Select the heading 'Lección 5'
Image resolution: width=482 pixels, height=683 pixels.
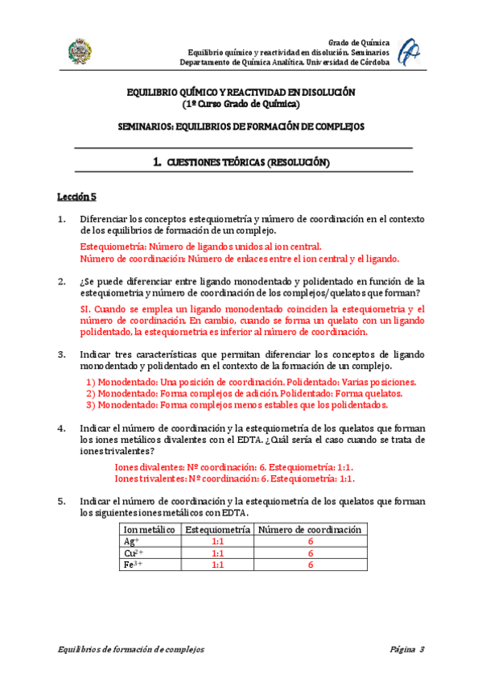(76, 196)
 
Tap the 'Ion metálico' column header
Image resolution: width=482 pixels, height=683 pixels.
(150, 529)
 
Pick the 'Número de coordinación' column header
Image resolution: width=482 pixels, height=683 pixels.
(310, 529)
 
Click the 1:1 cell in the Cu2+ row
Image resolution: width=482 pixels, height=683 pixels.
(217, 553)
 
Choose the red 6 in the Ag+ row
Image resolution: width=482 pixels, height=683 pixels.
(310, 541)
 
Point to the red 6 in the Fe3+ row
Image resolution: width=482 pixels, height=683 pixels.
(310, 565)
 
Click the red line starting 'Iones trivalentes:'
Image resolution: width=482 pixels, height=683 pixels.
(235, 478)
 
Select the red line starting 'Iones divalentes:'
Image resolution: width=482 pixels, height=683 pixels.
(235, 466)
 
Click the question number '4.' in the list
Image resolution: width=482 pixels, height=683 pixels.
(61, 428)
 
